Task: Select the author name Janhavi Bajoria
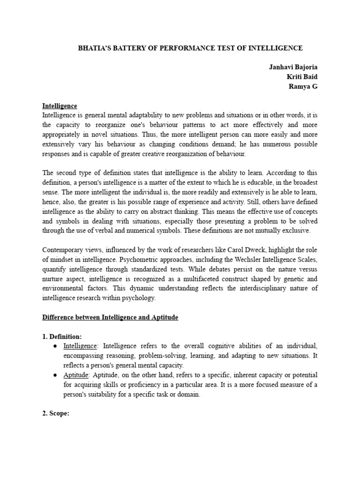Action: click(293, 67)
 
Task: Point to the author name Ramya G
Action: click(303, 87)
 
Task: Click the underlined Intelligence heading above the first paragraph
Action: click(60, 106)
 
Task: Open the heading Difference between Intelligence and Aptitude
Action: click(110, 317)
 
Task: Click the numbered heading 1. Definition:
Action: click(62, 337)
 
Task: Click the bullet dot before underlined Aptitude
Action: click(55, 375)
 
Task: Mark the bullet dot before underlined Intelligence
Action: click(55, 346)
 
